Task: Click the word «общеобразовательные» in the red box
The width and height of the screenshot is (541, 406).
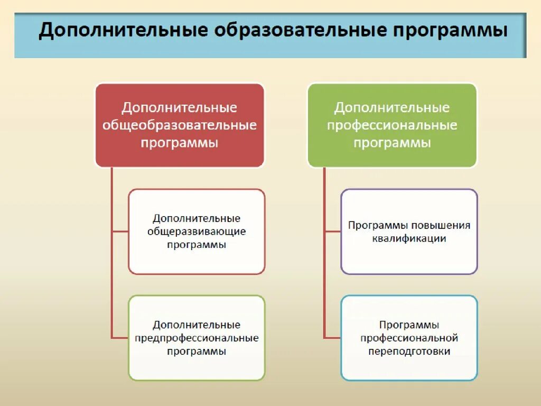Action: [180, 126]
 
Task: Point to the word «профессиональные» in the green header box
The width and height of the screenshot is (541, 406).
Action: [392, 126]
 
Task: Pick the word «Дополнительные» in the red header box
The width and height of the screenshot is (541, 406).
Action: [180, 108]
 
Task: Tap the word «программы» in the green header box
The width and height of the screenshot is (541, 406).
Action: [392, 143]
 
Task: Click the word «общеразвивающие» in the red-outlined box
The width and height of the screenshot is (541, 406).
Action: [197, 232]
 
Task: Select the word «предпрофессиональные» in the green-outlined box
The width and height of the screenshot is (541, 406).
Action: [197, 338]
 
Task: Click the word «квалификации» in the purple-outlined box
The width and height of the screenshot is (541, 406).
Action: [409, 238]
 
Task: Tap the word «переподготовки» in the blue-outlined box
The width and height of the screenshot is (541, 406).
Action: [409, 351]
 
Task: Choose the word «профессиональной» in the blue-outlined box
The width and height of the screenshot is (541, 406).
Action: [409, 338]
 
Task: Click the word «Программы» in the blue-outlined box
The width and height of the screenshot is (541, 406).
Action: [409, 325]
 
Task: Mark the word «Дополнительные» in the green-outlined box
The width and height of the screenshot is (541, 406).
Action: [197, 325]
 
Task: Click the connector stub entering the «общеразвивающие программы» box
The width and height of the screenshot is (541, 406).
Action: [120, 232]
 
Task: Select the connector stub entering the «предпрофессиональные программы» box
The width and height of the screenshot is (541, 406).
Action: [120, 338]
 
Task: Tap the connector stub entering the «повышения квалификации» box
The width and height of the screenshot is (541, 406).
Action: [333, 232]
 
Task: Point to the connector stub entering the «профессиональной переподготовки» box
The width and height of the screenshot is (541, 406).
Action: [333, 338]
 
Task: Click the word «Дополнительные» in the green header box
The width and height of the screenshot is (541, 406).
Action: [392, 108]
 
